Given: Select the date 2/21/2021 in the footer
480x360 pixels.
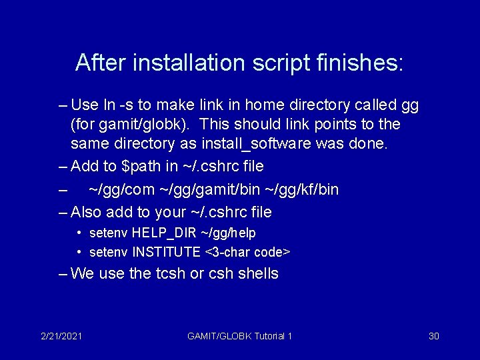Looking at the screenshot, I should [61, 336].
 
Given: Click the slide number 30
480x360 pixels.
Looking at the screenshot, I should [433, 336].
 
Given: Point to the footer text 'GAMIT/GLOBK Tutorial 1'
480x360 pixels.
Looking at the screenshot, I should [240, 336].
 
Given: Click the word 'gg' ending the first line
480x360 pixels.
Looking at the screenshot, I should [410, 105].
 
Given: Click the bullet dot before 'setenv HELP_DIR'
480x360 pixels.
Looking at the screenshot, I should [79, 233].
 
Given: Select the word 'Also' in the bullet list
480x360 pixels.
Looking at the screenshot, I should [85, 213].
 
